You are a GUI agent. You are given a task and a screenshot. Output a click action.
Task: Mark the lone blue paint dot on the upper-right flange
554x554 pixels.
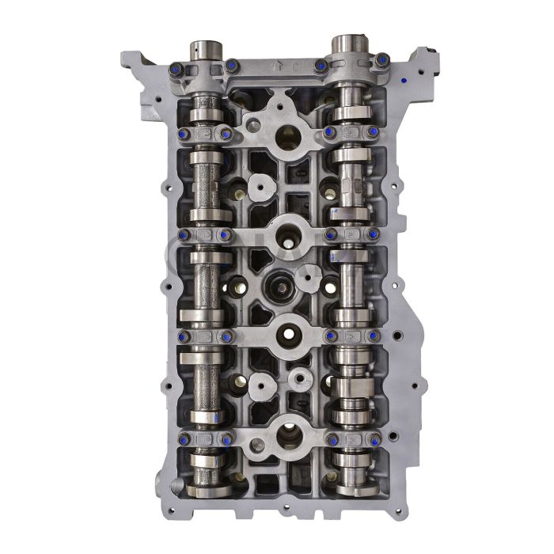pyautogui.click(x=404, y=78)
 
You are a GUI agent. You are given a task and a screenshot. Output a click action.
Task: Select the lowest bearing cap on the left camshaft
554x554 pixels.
pyautogui.click(x=204, y=438)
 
